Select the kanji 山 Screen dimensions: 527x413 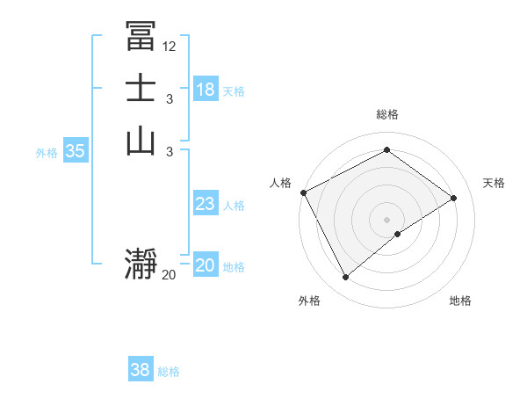pos(141,141)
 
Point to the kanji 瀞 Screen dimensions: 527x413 pos(141,264)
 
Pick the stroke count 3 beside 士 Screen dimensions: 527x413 pos(170,98)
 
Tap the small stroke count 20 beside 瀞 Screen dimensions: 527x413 pos(170,275)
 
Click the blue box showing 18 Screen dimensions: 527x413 pos(206,89)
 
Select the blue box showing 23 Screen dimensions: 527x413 pos(206,204)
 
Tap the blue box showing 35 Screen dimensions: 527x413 pos(76,151)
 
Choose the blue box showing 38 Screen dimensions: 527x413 pos(141,370)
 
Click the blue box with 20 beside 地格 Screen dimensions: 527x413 pos(206,265)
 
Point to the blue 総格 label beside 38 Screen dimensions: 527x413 pos(170,372)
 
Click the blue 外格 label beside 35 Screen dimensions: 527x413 pos(47,153)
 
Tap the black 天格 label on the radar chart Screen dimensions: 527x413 pos(495,183)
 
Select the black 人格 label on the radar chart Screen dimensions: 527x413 pos(280,183)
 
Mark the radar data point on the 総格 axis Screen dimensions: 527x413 pos(386,150)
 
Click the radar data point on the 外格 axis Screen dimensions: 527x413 pos(345,278)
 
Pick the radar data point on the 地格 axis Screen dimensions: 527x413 pos(398,234)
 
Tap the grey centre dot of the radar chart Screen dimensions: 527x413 pos(386,219)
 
